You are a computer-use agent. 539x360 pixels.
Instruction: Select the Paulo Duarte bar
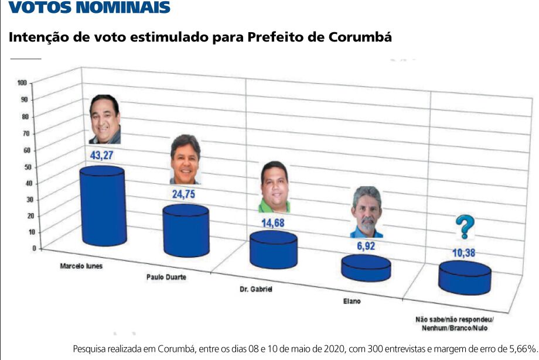186,231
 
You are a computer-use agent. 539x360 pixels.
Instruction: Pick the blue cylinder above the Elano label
366,268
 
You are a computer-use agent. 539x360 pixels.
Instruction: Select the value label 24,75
187,194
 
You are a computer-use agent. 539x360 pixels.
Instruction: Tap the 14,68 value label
274,222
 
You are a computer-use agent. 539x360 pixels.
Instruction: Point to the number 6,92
366,246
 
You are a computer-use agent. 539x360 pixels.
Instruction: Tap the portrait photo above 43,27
105,119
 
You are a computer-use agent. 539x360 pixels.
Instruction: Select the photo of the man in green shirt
274,187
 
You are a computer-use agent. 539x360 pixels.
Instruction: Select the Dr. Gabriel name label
257,289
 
